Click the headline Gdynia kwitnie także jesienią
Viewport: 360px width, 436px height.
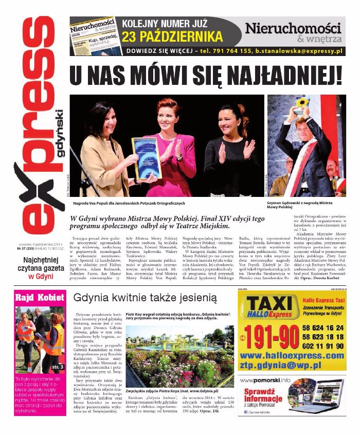(146, 298)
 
